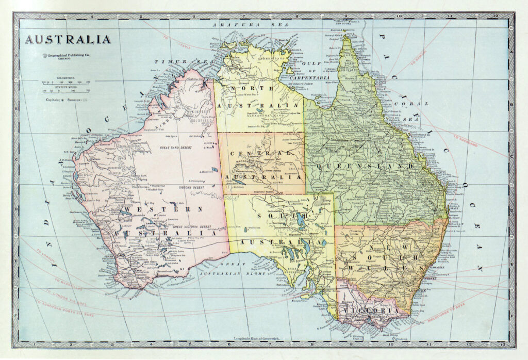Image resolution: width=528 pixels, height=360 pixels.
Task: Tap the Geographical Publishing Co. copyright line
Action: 68,55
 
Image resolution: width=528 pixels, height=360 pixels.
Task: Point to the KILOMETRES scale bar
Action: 67,82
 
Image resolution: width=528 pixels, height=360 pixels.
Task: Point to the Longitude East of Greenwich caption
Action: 256,338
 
